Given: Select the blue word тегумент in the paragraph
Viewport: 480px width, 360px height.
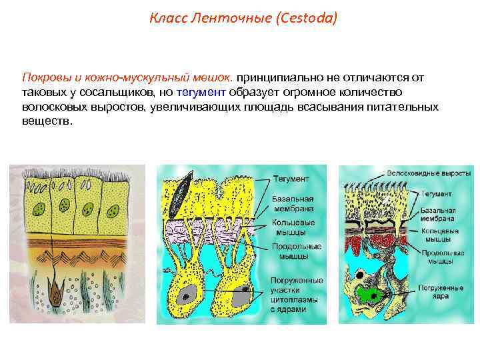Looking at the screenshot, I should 202,91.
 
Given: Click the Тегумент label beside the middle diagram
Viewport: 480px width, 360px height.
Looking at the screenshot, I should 290,179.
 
